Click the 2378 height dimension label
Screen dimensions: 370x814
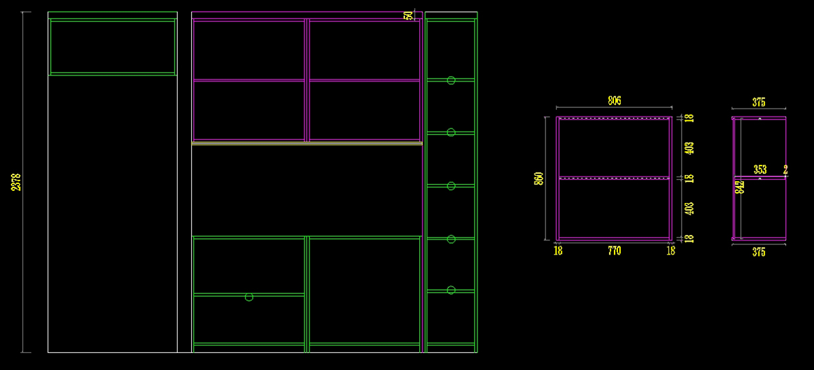tap(16, 181)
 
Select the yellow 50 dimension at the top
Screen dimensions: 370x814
tap(408, 15)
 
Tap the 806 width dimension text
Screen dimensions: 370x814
tap(614, 101)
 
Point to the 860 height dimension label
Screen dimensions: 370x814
tap(539, 179)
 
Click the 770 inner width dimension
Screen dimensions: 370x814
tap(614, 251)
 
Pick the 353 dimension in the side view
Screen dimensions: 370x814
tap(760, 169)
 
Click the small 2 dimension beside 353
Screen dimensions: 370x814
tap(786, 170)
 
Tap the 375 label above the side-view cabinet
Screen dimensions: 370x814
tap(758, 103)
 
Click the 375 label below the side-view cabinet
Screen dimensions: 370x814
tap(758, 252)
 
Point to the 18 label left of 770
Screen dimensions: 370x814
tap(558, 251)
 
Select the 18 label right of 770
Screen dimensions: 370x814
tap(670, 251)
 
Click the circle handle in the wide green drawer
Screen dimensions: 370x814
tap(249, 297)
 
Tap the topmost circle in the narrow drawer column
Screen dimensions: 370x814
tap(450, 79)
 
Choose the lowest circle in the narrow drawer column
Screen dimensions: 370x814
tap(450, 290)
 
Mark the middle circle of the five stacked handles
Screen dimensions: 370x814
tap(450, 185)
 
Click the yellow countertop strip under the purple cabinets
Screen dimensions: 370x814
tap(307, 143)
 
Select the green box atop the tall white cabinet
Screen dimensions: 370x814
tap(113, 46)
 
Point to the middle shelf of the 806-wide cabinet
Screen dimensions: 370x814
tap(614, 178)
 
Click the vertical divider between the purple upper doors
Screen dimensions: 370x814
tap(307, 80)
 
